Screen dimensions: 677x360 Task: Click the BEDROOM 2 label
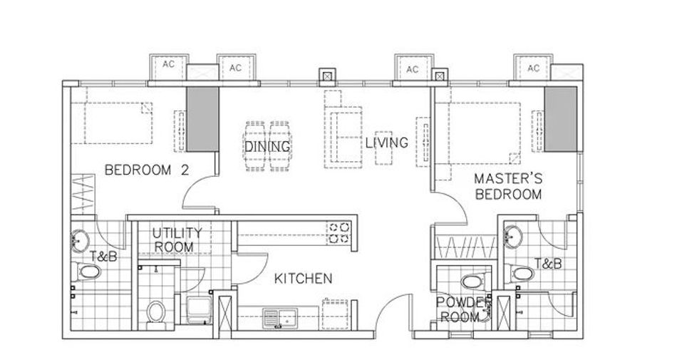147,170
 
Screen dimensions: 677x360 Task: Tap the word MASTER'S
508,178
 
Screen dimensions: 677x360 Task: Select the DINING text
267,147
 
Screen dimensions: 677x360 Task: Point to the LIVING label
386,143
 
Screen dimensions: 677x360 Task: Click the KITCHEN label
303,279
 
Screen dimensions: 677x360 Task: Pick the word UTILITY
177,233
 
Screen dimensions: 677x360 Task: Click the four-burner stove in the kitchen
339,232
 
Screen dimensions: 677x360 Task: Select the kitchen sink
279,319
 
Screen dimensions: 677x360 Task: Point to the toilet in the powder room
474,282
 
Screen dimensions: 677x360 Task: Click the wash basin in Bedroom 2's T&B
80,240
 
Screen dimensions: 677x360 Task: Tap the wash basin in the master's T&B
513,237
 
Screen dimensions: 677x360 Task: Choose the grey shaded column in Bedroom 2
202,119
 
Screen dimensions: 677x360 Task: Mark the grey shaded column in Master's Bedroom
560,119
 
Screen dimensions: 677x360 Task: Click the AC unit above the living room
413,68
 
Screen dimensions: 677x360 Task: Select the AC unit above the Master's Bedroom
533,68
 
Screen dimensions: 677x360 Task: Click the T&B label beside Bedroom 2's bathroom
103,257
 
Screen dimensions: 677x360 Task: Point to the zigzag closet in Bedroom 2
83,194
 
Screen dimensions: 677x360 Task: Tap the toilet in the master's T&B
521,273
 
